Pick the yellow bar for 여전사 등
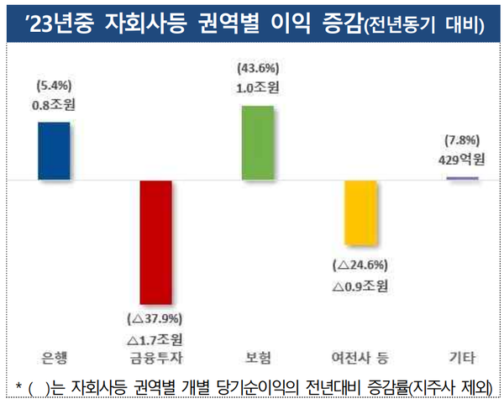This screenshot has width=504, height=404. [x=360, y=214]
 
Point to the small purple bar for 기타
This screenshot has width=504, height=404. [x=461, y=178]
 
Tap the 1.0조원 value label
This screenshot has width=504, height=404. [x=257, y=87]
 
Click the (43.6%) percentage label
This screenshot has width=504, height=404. [x=257, y=67]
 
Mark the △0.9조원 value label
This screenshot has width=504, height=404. [x=360, y=286]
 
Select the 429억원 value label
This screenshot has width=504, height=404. [x=461, y=160]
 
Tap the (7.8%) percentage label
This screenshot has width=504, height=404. [x=461, y=141]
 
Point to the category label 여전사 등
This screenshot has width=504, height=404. [x=360, y=358]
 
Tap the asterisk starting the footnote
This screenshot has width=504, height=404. [x=18, y=385]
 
